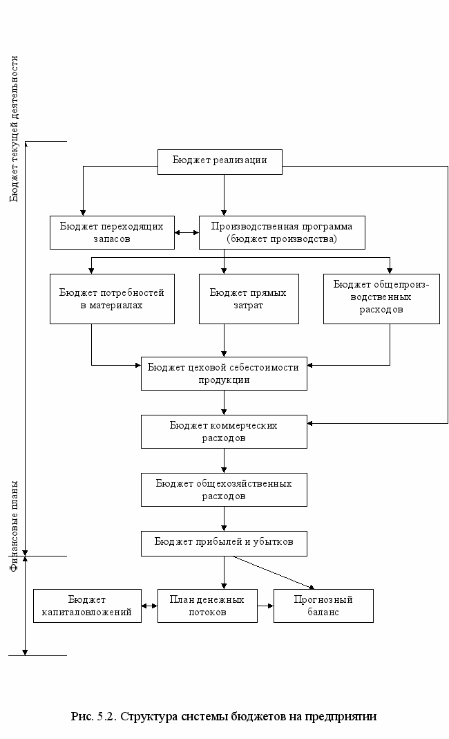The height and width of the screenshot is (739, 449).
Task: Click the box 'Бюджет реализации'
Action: tap(220, 162)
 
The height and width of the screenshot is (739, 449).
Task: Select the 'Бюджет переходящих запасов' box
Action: tap(112, 232)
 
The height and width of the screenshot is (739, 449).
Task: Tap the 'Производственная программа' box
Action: tap(282, 232)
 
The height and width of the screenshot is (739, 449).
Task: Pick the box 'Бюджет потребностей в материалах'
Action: tap(112, 299)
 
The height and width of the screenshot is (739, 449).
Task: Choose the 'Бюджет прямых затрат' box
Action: tap(249, 299)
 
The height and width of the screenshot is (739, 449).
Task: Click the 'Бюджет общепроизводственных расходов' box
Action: tap(381, 299)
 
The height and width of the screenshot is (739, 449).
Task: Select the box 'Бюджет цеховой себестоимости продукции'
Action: tap(224, 373)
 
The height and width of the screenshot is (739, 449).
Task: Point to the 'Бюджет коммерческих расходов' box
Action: tap(224, 431)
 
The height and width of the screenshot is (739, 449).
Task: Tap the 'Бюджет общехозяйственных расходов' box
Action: tap(224, 489)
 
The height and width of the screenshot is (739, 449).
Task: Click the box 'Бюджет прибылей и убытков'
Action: tap(224, 543)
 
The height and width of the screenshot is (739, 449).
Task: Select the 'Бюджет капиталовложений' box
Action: tap(87, 606)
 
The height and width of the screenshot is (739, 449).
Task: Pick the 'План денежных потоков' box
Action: tap(207, 606)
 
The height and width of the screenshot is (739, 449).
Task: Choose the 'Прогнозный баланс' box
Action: tap(323, 606)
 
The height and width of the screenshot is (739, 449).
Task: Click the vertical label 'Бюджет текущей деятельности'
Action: tap(14, 129)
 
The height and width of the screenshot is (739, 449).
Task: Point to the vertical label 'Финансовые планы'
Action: tap(14, 526)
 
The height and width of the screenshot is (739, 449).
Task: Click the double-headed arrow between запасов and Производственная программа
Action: tap(187, 232)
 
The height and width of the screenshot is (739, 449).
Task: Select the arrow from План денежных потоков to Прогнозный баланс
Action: tap(266, 606)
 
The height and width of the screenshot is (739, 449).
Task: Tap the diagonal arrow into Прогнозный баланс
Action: tap(274, 572)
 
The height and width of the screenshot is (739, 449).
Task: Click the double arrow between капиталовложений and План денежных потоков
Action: tap(149, 606)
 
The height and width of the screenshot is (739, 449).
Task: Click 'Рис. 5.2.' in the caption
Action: tap(93, 716)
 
